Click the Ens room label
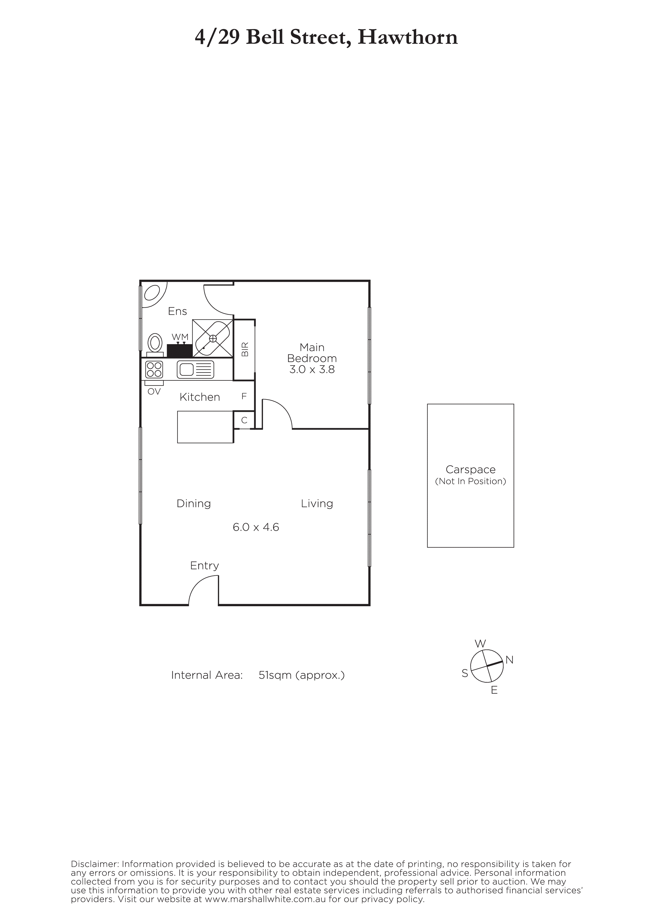[x=178, y=311]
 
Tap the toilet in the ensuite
[x=155, y=345]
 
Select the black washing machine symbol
[x=179, y=350]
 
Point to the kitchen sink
[x=195, y=369]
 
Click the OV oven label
[x=154, y=392]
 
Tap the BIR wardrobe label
[x=245, y=349]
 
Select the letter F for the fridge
[x=244, y=396]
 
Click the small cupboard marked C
[x=244, y=420]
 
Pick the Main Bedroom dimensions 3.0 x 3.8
[x=312, y=369]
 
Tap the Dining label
[x=194, y=504]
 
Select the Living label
[x=317, y=504]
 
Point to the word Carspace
[x=471, y=470]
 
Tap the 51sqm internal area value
[x=275, y=675]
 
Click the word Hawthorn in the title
[x=407, y=37]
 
